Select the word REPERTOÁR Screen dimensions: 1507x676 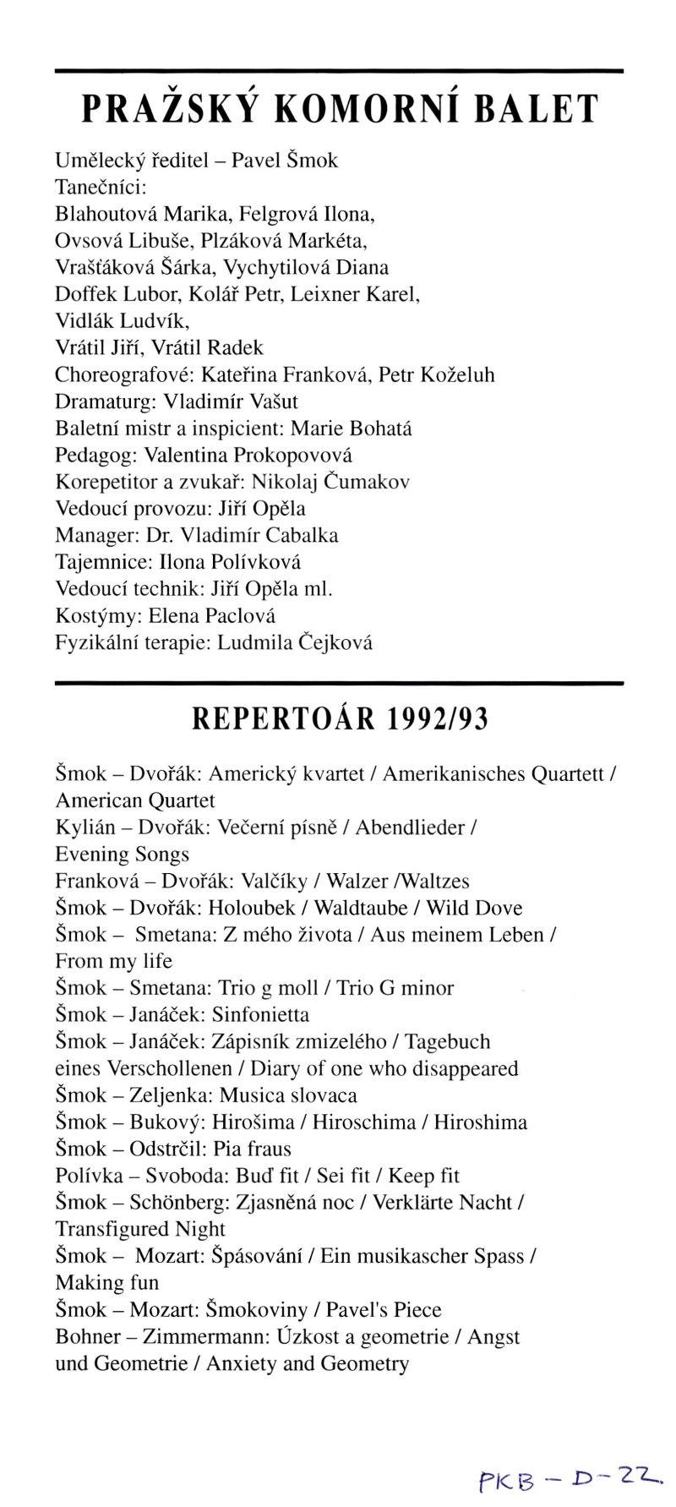click(283, 718)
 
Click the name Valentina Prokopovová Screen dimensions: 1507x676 click(248, 456)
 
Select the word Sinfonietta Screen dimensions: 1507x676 click(260, 1014)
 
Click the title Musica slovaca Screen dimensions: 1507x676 click(288, 1095)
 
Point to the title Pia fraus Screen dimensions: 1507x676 click(252, 1149)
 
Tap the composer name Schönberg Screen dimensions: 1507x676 click(177, 1203)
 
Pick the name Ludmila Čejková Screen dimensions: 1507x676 click(295, 643)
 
